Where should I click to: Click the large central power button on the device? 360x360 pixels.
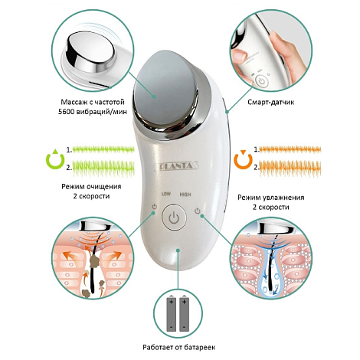(174, 218)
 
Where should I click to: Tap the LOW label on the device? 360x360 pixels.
(166, 194)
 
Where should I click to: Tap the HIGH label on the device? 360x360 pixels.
(185, 195)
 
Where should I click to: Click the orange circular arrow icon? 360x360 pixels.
(244, 159)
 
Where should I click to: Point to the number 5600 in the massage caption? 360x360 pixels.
(66, 112)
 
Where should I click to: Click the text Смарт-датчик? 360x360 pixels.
(271, 102)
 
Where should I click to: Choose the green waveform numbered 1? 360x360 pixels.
(103, 149)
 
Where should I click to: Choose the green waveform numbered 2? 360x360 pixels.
(103, 168)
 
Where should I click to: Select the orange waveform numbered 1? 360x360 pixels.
(290, 149)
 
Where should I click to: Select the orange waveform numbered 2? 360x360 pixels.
(290, 168)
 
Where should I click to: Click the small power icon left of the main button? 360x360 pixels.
(154, 206)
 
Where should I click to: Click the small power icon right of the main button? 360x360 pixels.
(197, 211)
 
